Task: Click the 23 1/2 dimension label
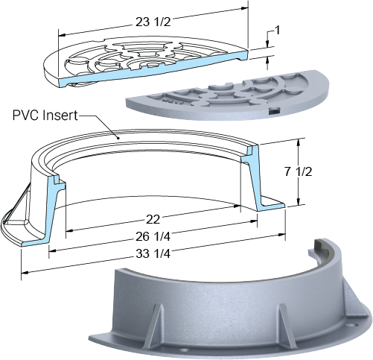coord(153,22)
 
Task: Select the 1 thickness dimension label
coord(277,31)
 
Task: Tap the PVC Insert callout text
coord(45,116)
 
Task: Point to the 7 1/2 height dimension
coord(298,172)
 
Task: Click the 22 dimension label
coord(153,219)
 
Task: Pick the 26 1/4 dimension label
coord(153,236)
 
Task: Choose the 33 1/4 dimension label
coord(153,253)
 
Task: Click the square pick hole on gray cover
coord(274,111)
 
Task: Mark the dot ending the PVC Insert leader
coord(118,138)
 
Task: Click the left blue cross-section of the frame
coord(50,211)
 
